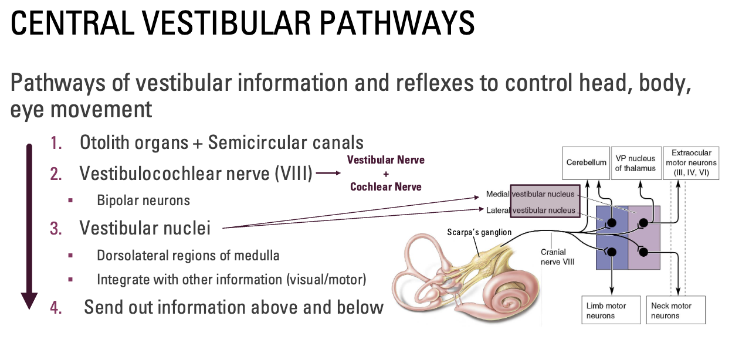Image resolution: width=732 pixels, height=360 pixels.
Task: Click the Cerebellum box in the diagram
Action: click(x=586, y=162)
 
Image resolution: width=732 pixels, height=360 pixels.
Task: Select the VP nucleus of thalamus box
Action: click(x=635, y=162)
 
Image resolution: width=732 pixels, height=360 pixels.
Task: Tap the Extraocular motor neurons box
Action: click(x=690, y=162)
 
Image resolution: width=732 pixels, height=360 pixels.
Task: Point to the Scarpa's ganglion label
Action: click(x=479, y=232)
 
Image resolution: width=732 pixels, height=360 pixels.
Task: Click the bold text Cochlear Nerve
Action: click(x=385, y=186)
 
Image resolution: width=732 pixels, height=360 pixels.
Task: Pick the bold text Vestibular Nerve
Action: click(x=385, y=159)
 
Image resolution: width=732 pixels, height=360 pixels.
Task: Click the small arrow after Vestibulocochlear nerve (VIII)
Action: click(x=328, y=174)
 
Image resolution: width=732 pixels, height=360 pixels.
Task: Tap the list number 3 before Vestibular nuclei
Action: click(x=56, y=228)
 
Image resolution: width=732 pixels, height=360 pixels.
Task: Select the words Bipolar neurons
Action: click(x=143, y=201)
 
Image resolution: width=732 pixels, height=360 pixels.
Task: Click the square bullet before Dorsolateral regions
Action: click(x=71, y=256)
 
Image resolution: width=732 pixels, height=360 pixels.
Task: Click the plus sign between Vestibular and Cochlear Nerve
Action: click(x=385, y=174)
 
